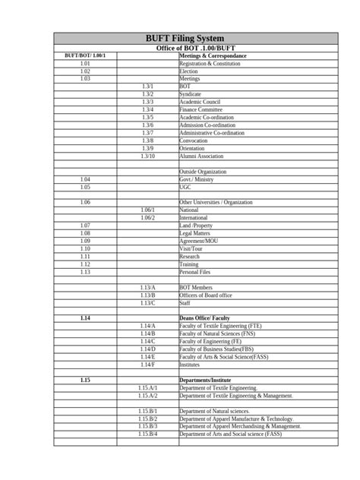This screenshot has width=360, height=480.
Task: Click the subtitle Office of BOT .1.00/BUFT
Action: tap(180, 49)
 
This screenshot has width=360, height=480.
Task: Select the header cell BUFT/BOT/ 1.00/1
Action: tap(85, 56)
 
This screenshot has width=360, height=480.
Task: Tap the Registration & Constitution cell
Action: tap(209, 64)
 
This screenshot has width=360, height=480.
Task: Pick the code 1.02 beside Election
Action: tap(85, 71)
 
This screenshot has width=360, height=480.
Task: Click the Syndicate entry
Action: tap(191, 94)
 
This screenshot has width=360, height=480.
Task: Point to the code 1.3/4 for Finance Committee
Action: tap(147, 110)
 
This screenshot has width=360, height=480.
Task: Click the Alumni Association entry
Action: tap(201, 156)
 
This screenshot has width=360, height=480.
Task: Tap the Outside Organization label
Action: tap(203, 172)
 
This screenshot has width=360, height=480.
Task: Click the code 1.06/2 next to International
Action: tap(147, 218)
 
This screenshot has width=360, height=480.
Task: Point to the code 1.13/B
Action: tap(147, 295)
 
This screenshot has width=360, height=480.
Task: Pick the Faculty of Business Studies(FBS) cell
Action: tap(216, 349)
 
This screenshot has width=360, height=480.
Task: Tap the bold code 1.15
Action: tap(85, 380)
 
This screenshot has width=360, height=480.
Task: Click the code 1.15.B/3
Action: tap(147, 426)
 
